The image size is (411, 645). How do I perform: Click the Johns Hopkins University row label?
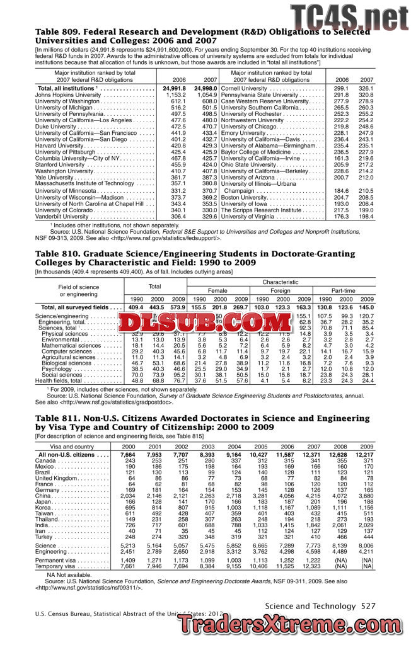(65, 94)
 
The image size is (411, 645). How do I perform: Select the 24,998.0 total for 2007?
(206, 88)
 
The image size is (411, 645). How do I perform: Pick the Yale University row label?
(54, 177)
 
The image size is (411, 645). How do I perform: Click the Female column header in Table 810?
(218, 291)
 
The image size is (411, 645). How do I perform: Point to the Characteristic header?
(281, 282)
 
